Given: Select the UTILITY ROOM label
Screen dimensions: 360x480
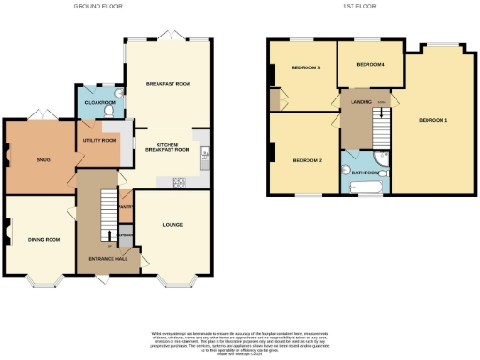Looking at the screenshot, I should point(101,140).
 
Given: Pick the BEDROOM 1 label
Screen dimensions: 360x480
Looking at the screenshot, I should point(433,121).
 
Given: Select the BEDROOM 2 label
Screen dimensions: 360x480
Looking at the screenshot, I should point(307,160).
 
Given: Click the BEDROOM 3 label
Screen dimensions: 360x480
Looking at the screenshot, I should point(306,67).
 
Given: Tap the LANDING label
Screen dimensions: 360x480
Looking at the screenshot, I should point(362,100).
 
